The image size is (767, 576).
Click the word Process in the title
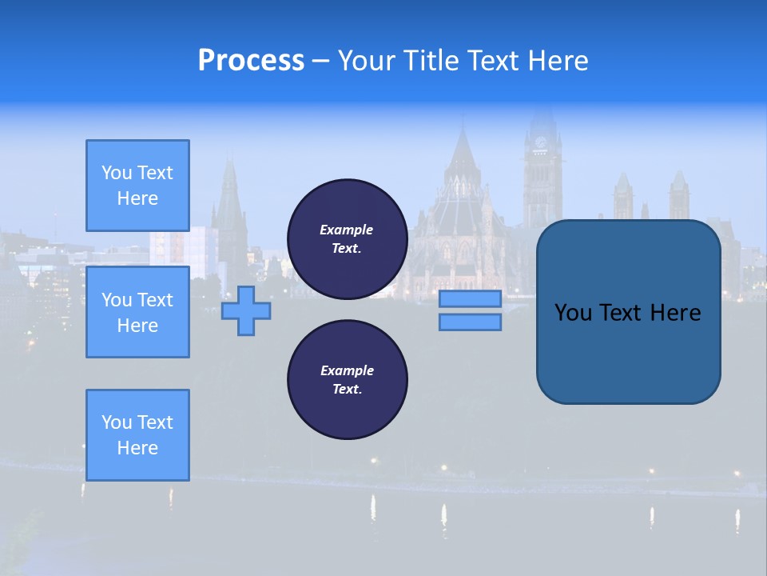point(251,60)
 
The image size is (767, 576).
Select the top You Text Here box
point(137,186)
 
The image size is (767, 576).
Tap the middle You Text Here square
point(137,312)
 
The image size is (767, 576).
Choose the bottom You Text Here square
point(137,434)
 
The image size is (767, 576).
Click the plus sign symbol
point(246,310)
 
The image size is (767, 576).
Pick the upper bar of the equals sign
point(470,299)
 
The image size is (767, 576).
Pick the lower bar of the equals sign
point(470,322)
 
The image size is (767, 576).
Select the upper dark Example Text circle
point(347,239)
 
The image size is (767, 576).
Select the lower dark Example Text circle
point(347,380)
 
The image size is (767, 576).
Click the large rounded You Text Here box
point(628,312)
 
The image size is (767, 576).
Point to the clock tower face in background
point(541,143)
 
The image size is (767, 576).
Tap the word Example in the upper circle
point(347,230)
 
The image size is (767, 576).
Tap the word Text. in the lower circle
point(347,390)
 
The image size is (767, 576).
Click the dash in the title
point(320,61)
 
